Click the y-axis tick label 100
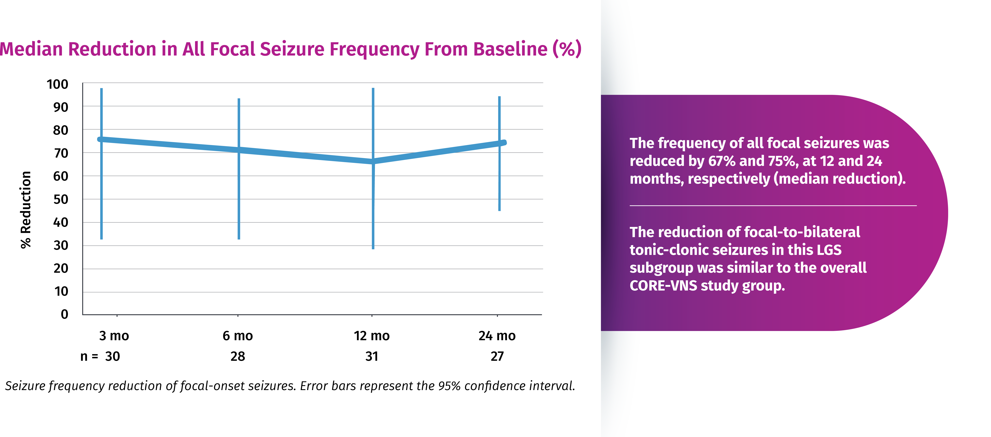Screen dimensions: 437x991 point(57,84)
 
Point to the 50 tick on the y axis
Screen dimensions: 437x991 point(61,199)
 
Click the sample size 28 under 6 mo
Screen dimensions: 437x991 point(238,357)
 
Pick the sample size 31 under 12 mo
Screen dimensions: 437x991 point(372,357)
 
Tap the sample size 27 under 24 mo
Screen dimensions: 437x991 point(497,357)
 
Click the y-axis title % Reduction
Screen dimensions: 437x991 point(26,210)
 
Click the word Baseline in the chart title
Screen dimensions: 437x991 point(510,49)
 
